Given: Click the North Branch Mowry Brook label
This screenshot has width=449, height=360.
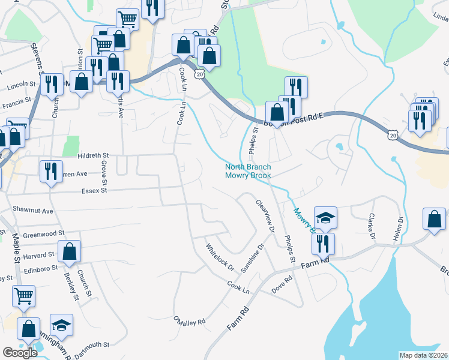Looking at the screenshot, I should (248, 171).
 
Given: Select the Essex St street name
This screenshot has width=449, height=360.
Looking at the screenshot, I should (93, 190).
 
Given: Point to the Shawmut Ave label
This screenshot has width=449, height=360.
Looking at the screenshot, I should (33, 211).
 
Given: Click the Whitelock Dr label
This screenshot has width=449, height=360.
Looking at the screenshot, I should (219, 256).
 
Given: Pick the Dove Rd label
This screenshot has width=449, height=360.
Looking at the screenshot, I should (282, 280).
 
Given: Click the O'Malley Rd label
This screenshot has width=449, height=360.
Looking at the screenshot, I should (189, 321).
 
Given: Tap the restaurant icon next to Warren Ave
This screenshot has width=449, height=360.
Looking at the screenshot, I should (50, 171).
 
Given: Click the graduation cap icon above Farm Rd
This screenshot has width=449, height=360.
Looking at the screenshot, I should (325, 217).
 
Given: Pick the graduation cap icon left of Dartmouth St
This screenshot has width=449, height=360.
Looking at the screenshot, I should (61, 325).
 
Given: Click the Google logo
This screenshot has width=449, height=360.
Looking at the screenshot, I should (20, 353).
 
